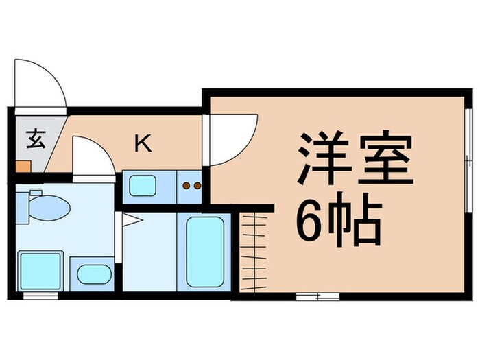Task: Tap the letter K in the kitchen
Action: click(143, 143)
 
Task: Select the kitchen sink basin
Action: click(143, 185)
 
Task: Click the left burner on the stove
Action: click(186, 185)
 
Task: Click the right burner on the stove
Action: click(197, 185)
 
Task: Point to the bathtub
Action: click(204, 251)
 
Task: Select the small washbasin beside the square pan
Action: click(93, 274)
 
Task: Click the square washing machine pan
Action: click(40, 271)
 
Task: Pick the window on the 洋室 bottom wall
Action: click(317, 296)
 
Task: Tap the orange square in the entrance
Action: click(23, 165)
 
